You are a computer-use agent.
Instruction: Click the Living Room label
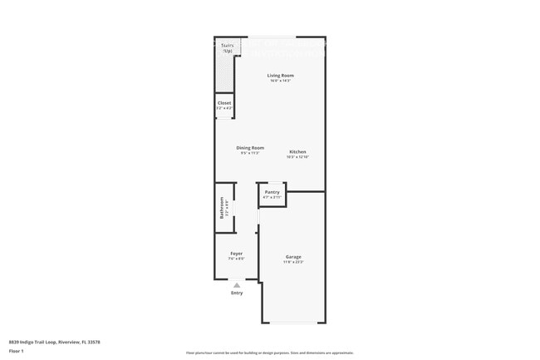coord(280,76)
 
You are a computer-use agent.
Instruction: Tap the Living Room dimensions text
coord(280,81)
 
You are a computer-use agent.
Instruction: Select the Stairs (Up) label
coord(227,47)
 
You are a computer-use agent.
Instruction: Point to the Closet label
coord(224,103)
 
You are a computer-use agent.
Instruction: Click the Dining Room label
coord(250,148)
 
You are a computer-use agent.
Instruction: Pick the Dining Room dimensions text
coord(250,153)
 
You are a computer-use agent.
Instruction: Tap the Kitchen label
coord(297,152)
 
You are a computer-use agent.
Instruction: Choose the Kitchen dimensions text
coord(297,157)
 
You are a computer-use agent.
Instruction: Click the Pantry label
coord(272,192)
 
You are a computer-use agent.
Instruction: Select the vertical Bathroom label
coord(222,207)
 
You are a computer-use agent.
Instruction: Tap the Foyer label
coord(236,254)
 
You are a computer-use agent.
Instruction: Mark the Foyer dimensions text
coord(236,259)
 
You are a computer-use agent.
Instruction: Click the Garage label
coord(293,257)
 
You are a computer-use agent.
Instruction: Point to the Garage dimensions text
coord(293,262)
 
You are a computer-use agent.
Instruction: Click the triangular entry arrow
coord(237,285)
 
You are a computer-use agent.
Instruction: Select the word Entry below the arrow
coord(237,293)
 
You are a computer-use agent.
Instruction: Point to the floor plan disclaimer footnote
coord(269,353)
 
